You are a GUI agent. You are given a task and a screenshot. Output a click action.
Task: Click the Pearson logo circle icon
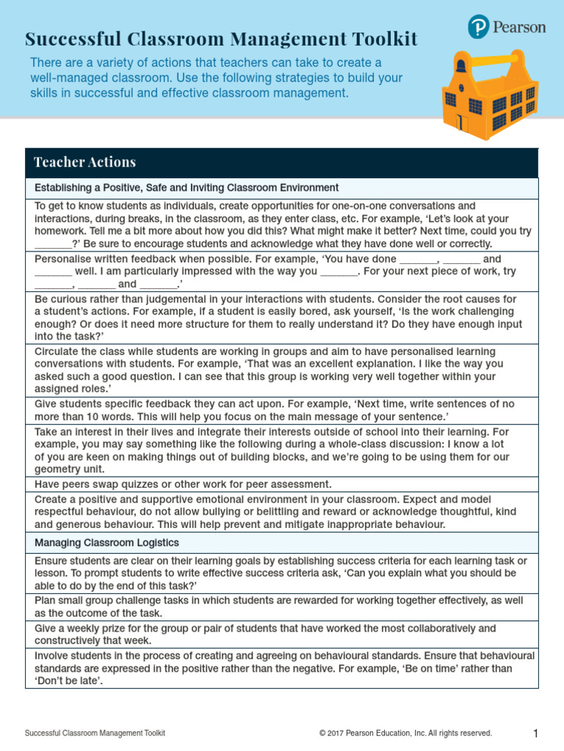point(479,27)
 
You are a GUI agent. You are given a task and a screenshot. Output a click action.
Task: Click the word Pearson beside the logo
point(520,27)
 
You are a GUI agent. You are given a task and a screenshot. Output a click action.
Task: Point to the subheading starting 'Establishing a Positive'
point(187,188)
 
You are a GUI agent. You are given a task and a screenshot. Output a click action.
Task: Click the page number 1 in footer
point(536,733)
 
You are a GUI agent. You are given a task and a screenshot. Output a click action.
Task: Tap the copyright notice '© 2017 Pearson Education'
point(405,733)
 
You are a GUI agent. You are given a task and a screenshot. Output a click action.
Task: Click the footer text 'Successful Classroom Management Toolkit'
point(95,733)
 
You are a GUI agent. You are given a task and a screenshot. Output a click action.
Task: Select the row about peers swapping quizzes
point(183,484)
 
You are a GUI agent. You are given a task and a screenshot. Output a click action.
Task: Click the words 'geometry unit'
point(70,469)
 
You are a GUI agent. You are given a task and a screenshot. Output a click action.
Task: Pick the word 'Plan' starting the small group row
point(46,600)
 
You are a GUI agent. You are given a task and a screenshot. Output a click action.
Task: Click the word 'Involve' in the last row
point(53,655)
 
